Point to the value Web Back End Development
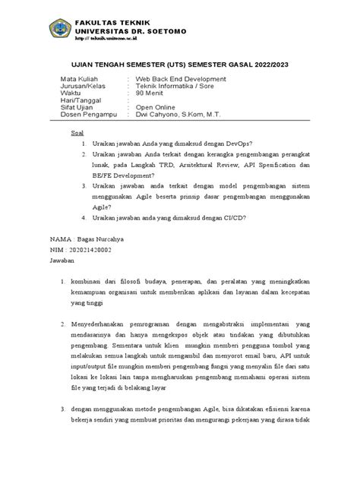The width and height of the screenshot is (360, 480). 181,80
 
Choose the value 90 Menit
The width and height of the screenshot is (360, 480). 153,93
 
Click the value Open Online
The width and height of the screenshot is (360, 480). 156,108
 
